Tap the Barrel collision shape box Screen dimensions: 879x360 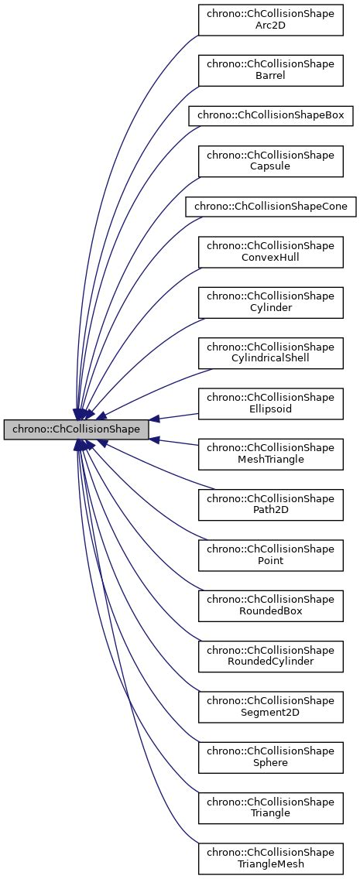[270, 69]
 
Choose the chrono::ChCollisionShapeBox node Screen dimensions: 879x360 [270, 115]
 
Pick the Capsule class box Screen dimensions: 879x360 [270, 161]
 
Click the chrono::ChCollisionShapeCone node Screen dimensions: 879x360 [270, 207]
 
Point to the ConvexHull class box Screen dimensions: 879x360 [270, 252]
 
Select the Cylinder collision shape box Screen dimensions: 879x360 [270, 303]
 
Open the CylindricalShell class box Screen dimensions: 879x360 [270, 353]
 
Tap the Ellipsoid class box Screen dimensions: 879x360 [270, 404]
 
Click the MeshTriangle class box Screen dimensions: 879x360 [270, 454]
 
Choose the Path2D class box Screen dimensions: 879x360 [270, 504]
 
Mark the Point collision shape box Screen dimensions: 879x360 [270, 556]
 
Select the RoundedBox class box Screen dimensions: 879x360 [270, 606]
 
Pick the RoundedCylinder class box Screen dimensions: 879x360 [270, 656]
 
